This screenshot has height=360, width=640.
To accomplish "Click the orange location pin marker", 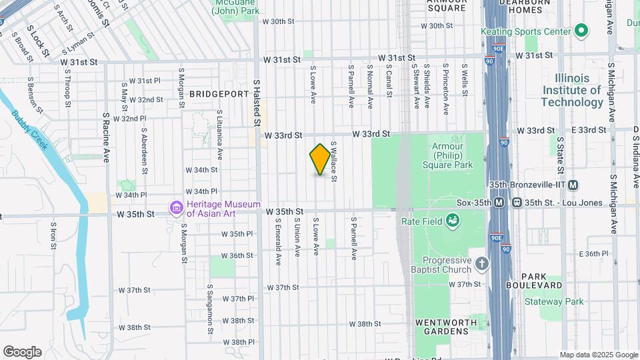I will pos(320,159).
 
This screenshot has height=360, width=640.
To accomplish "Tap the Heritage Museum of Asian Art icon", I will pos(177,209).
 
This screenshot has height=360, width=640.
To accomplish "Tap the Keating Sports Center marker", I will pos(581,31).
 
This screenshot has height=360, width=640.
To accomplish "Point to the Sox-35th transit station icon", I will pos(499,203).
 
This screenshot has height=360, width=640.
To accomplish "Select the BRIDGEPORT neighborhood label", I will pos(219,94).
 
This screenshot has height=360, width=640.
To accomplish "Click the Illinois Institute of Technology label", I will pos(571,90).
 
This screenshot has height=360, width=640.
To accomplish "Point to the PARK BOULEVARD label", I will pos(543,281).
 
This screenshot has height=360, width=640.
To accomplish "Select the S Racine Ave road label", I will pos(106,137).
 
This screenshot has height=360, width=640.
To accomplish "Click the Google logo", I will pos(22,352).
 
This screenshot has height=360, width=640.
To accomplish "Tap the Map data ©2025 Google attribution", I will pos(599,355).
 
